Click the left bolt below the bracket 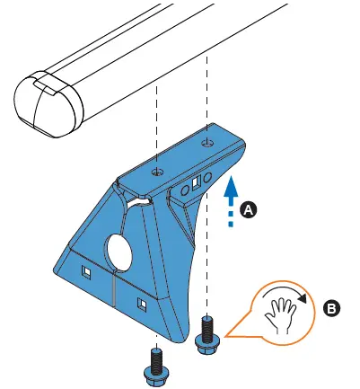[154, 364]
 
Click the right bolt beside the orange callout [207, 332]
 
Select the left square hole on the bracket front [88, 270]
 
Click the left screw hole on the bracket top [157, 170]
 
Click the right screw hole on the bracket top [207, 142]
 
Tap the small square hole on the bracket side [197, 186]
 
